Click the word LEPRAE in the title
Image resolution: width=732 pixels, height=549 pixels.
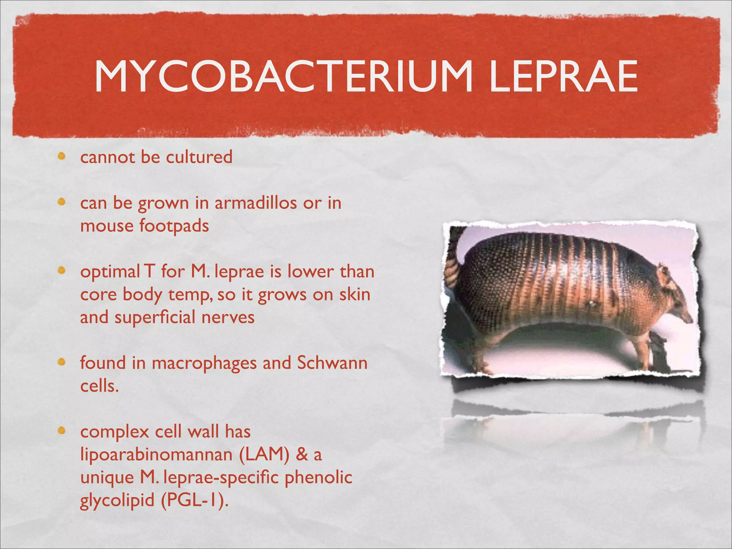564,76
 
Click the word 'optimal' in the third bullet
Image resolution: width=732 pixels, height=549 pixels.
110,272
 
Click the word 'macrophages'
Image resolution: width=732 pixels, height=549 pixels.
204,363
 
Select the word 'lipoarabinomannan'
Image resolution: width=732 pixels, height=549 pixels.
157,455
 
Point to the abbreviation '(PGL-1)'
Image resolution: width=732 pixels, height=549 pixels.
194,500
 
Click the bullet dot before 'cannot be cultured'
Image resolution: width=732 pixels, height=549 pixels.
62,156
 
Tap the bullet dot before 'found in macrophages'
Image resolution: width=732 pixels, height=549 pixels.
62,362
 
